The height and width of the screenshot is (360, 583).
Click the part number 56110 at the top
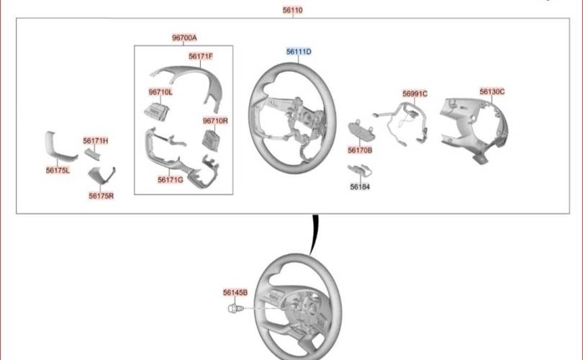pyautogui.click(x=292, y=11)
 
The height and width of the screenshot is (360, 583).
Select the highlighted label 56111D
pyautogui.click(x=298, y=52)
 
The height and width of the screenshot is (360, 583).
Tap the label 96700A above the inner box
pyautogui.click(x=184, y=37)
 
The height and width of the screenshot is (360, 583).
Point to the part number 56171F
pyautogui.click(x=201, y=56)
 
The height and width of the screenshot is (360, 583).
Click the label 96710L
pyautogui.click(x=161, y=92)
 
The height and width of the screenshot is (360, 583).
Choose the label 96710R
pyautogui.click(x=215, y=121)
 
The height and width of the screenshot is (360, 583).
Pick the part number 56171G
pyautogui.click(x=171, y=180)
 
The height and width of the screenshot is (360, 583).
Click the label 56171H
pyautogui.click(x=95, y=141)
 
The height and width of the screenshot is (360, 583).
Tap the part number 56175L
pyautogui.click(x=58, y=171)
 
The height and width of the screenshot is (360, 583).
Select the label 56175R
pyautogui.click(x=101, y=195)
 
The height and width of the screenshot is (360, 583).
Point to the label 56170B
pyautogui.click(x=360, y=150)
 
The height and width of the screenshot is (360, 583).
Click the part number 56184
pyautogui.click(x=360, y=186)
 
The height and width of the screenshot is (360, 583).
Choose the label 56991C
pyautogui.click(x=415, y=94)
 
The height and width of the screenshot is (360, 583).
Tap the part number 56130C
pyautogui.click(x=492, y=91)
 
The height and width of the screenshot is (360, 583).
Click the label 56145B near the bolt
pyautogui.click(x=235, y=293)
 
